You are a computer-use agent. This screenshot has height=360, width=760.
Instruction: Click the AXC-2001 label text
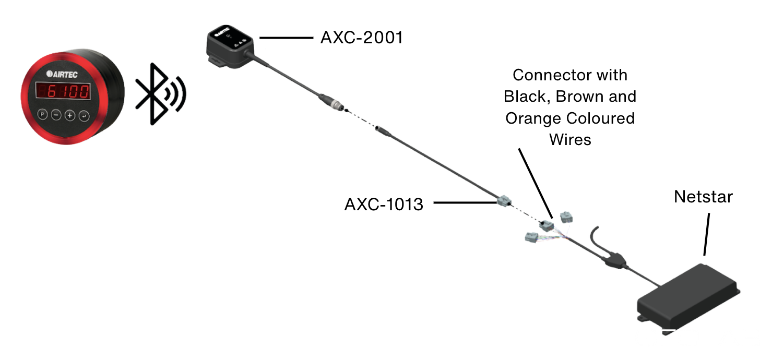click(x=361, y=38)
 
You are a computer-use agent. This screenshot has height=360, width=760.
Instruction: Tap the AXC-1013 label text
click(x=384, y=204)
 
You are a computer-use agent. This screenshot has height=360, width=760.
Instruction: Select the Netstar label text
click(x=703, y=197)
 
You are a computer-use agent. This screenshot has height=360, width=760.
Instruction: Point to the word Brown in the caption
click(x=577, y=97)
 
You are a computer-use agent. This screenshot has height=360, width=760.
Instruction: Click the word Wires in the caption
click(x=570, y=139)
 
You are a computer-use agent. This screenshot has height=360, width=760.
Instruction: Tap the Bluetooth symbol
click(x=159, y=94)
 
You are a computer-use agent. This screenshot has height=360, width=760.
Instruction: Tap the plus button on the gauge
click(x=70, y=115)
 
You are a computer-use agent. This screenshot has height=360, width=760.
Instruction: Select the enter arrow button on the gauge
click(x=84, y=116)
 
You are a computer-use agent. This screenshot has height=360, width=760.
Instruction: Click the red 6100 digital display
click(x=62, y=92)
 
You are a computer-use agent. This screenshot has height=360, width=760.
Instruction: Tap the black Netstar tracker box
click(x=689, y=297)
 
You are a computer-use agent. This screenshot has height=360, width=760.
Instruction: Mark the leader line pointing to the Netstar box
click(x=707, y=234)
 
